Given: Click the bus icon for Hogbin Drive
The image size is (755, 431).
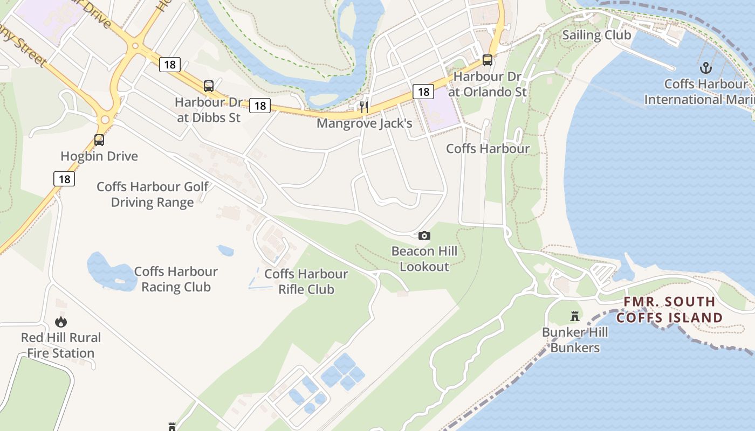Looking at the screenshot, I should click(99, 140).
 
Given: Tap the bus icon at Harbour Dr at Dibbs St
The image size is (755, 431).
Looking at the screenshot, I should click(209, 86).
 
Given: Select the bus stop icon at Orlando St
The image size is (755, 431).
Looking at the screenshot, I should click(488, 60).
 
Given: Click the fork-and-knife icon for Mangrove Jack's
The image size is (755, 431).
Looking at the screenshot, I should click(365, 107).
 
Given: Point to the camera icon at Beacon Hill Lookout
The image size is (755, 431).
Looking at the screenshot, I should click(424, 235).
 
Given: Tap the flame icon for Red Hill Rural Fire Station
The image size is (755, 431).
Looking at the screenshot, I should click(61, 322).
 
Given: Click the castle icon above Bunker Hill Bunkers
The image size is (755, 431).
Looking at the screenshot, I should click(575, 316).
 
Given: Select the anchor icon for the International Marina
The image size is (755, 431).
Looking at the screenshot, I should click(705, 68).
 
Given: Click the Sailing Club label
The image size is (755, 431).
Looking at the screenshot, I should click(596, 35).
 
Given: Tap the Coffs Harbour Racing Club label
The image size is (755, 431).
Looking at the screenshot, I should click(176, 279).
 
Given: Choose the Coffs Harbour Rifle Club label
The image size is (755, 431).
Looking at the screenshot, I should click(306, 281).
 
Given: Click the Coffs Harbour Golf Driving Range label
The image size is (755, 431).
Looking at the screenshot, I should click(153, 194).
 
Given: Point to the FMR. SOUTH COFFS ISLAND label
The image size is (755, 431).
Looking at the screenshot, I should click(669, 310).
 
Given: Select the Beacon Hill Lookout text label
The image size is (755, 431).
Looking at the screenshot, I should click(424, 259).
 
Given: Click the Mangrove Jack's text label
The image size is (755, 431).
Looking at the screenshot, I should click(365, 123).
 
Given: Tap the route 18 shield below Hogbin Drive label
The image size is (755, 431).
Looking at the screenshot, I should click(64, 179).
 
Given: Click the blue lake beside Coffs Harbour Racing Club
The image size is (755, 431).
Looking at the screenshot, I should click(108, 272).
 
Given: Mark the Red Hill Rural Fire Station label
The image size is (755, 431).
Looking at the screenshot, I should click(61, 345).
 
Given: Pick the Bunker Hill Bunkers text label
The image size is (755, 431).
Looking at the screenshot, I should click(575, 340).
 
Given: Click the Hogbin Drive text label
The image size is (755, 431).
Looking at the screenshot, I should click(99, 156).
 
